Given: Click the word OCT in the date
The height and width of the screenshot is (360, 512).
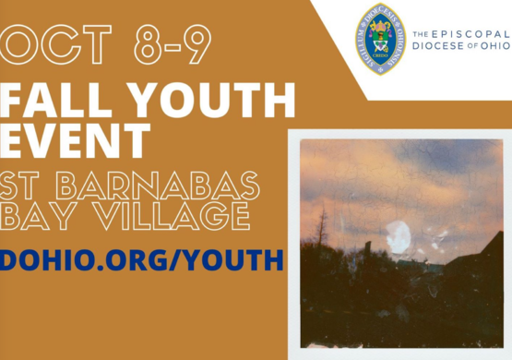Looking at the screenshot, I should click(52, 45).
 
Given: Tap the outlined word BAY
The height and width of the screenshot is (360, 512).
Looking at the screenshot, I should click(38, 218).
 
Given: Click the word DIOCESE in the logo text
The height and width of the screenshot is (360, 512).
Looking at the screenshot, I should click(435, 44).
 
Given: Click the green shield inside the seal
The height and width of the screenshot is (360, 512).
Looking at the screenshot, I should click(381, 42).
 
